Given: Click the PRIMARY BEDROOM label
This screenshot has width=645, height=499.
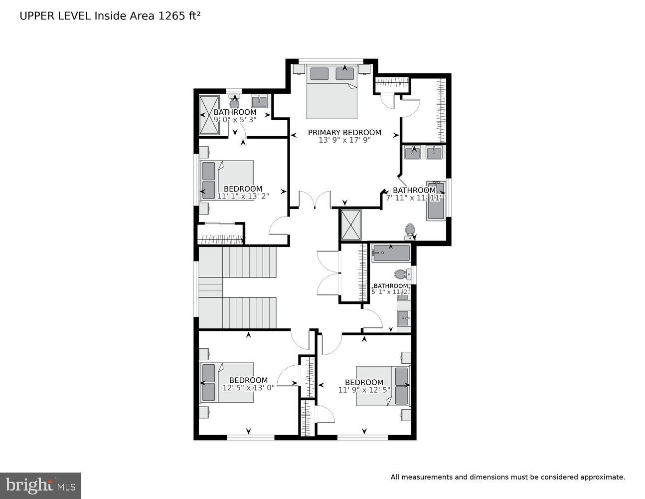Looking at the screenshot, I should click(x=344, y=132).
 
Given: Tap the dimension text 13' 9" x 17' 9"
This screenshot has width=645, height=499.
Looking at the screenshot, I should click(x=344, y=140).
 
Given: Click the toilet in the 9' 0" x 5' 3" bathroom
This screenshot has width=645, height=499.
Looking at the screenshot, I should click(x=234, y=103).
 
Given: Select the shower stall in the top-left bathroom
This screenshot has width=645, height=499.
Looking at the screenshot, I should click(x=209, y=115).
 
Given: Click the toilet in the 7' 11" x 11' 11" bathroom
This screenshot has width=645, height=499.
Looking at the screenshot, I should click(x=410, y=231).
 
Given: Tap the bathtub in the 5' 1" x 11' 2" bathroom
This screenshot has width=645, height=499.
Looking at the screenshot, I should click(x=391, y=253).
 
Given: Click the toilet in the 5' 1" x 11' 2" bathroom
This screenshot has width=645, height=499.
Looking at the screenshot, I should click(x=400, y=274).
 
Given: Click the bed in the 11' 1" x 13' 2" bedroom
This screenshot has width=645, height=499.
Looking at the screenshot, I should click(x=227, y=180).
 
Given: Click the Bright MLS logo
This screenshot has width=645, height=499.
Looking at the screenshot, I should click(x=40, y=486).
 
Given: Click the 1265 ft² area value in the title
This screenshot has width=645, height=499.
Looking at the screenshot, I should click(x=179, y=15).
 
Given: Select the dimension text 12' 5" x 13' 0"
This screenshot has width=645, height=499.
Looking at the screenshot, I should click(x=248, y=387).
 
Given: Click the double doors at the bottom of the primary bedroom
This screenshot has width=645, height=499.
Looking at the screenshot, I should click(x=315, y=199).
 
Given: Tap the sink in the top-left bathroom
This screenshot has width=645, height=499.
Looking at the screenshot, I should click(x=259, y=101).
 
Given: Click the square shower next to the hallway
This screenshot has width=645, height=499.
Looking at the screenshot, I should click(x=350, y=225).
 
